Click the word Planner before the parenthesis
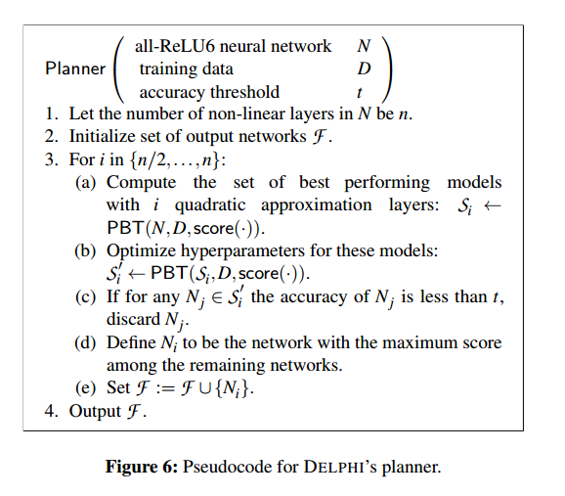(75, 68)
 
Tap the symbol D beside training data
(364, 68)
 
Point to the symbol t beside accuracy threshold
(360, 92)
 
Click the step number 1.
(52, 113)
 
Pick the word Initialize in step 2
(102, 136)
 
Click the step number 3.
(52, 159)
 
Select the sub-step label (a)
(85, 182)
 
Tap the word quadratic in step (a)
(210, 205)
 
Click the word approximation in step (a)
(317, 205)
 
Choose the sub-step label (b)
(85, 250)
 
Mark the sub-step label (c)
(85, 296)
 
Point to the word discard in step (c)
(133, 319)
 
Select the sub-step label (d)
(85, 342)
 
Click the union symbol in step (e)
(205, 389)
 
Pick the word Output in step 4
(95, 411)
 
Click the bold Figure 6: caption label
(142, 467)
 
